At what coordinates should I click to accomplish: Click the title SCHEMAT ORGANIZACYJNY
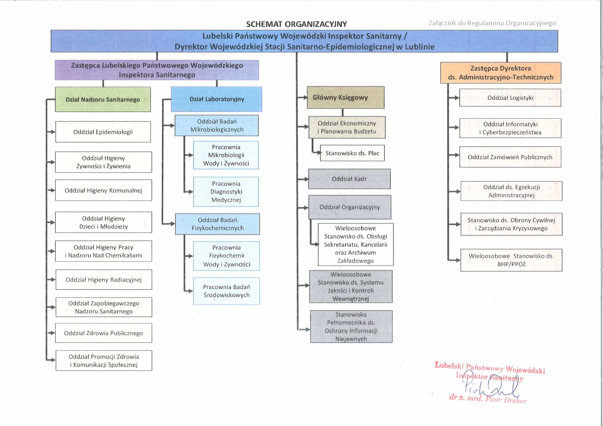coord(297,24)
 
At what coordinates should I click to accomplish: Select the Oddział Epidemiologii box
coord(103,132)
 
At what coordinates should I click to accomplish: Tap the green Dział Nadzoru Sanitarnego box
coord(103,100)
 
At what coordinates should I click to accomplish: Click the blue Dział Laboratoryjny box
coord(217,99)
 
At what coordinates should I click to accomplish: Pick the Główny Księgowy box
coord(345,98)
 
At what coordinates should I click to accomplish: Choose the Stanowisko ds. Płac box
coord(352,153)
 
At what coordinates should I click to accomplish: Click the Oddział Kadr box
coord(349,179)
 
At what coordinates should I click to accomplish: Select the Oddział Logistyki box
coord(510,98)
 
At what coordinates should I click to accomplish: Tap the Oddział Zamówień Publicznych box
coord(510,157)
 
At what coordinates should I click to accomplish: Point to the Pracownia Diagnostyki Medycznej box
coord(226,192)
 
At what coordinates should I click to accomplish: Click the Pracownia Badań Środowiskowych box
coord(226,291)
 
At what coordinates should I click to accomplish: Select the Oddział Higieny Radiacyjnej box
coord(103,280)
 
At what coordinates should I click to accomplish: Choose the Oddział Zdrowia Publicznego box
coord(103,333)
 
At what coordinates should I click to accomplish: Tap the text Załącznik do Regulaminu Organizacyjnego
coord(492,23)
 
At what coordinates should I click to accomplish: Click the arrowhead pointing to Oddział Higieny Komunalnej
coord(53,190)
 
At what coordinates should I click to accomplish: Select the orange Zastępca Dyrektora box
coord(501,73)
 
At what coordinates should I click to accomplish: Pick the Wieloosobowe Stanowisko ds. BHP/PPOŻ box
coord(511,260)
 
